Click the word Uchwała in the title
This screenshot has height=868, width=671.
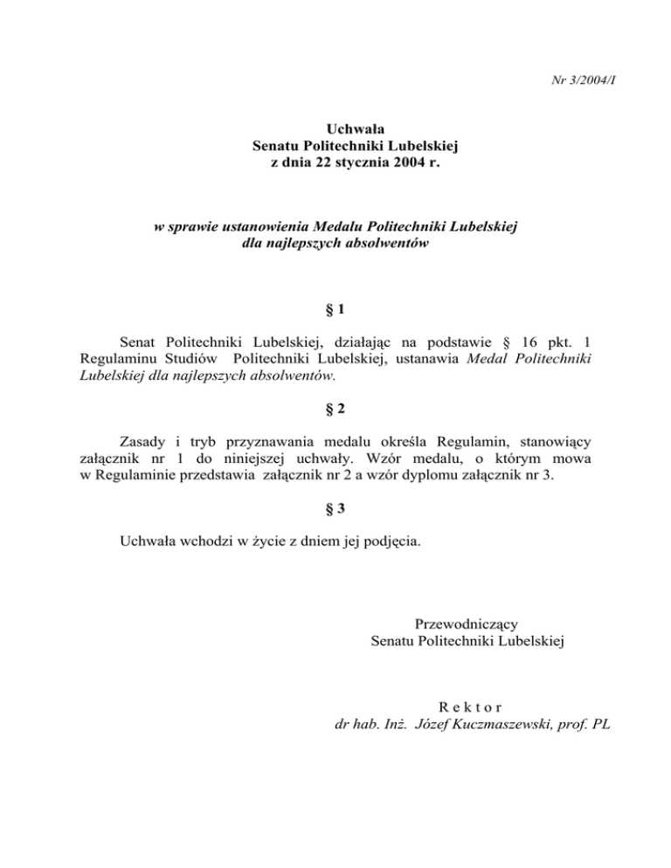click(x=335, y=129)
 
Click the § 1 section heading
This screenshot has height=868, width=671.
click(x=335, y=309)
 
